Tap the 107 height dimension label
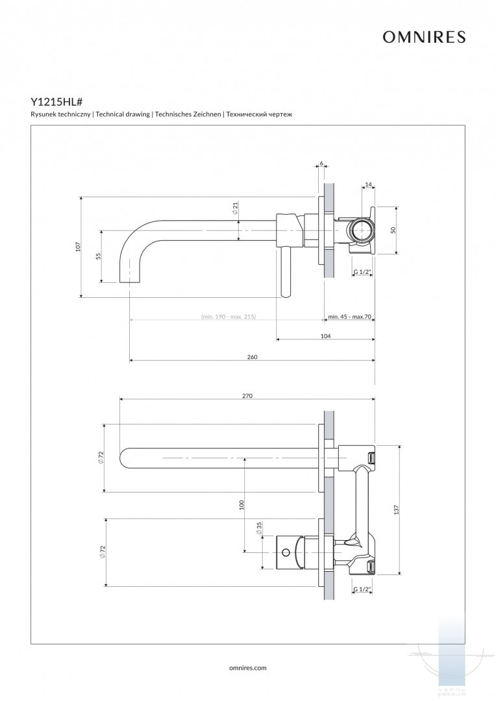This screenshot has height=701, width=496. tap(78, 247)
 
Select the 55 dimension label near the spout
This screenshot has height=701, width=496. tap(99, 256)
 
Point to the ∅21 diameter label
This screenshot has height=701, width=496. tap(235, 208)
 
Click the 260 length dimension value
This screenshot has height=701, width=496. tap(253, 358)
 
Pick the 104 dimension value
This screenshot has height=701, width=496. tap(326, 336)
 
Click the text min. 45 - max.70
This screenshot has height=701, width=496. tap(349, 317)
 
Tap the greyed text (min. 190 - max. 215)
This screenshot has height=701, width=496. tap(229, 317)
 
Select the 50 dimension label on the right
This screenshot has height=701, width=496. tap(393, 230)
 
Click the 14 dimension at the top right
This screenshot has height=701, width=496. tap(368, 185)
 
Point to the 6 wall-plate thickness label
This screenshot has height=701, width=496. tap(321, 163)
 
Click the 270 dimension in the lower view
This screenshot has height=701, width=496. tap(247, 395)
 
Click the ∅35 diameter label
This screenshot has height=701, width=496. tap(258, 528)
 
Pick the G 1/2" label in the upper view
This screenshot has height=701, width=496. tap(362, 272)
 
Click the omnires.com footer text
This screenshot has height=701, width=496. tap(248, 667)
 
